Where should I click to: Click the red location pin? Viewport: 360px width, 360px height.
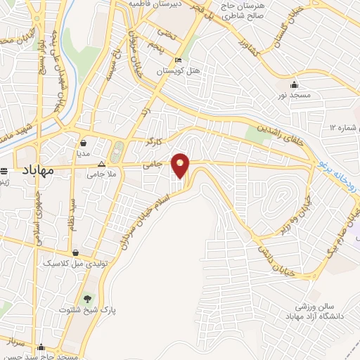coord(181,164)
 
